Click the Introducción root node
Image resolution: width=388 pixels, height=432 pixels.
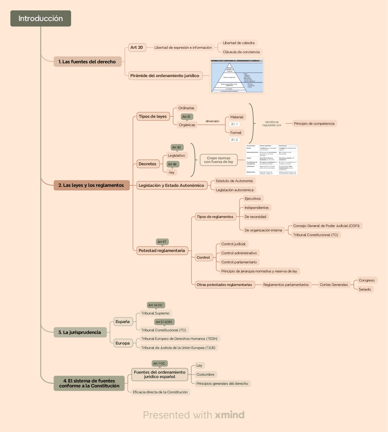click(x=41, y=18)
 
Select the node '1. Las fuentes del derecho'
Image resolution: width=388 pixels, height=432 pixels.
click(x=87, y=62)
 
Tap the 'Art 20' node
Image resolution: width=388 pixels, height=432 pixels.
click(x=136, y=47)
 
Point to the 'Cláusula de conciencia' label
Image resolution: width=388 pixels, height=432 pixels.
click(x=241, y=52)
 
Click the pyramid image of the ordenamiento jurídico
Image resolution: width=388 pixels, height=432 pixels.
click(x=237, y=76)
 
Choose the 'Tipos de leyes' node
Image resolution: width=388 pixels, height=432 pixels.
click(x=153, y=116)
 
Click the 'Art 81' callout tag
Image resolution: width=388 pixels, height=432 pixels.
click(x=187, y=117)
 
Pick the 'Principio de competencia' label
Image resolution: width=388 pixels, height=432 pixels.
click(x=315, y=123)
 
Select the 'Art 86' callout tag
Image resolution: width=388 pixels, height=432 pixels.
click(x=173, y=164)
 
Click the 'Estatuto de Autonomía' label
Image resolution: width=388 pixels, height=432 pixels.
click(x=234, y=181)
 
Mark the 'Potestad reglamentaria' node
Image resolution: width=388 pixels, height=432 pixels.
click(x=161, y=251)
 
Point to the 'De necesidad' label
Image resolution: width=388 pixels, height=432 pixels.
click(x=255, y=217)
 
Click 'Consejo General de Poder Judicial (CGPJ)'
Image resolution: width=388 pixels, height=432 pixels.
click(x=327, y=226)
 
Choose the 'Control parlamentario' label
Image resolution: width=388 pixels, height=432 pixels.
click(x=239, y=262)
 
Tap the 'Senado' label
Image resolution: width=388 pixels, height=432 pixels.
click(x=365, y=289)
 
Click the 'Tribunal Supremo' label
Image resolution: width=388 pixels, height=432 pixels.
click(x=155, y=313)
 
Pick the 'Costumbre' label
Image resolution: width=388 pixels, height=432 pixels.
click(x=206, y=374)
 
